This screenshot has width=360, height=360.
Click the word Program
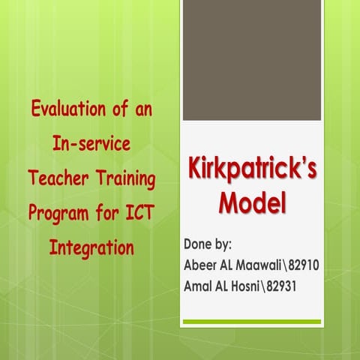[x=59, y=213]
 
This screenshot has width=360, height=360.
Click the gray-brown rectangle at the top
[x=252, y=60]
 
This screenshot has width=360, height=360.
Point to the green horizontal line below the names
[x=252, y=322]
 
